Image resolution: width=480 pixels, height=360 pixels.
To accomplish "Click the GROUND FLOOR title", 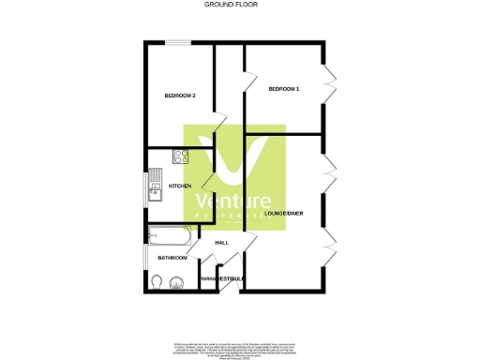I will pyautogui.click(x=231, y=5).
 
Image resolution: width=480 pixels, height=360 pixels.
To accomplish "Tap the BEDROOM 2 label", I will pyautogui.click(x=180, y=96).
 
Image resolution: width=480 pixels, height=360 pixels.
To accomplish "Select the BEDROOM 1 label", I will pyautogui.click(x=283, y=89).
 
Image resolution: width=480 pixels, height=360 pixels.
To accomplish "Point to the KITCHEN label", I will pyautogui.click(x=180, y=186).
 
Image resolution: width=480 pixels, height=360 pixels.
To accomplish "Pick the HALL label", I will pyautogui.click(x=222, y=243).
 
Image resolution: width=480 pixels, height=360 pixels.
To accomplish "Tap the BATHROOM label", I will pyautogui.click(x=172, y=258).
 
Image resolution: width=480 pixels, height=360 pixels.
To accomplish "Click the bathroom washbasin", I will pyautogui.click(x=177, y=280).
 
